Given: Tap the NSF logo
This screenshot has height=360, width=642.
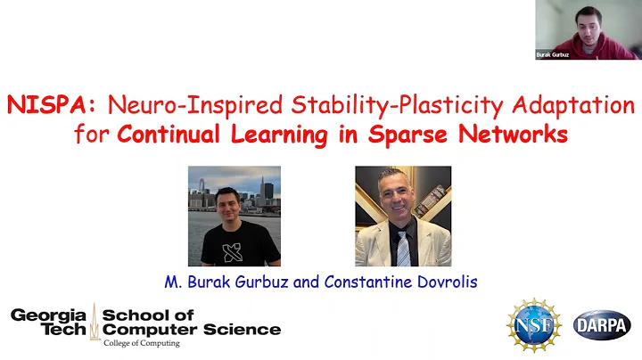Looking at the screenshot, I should click(534, 323).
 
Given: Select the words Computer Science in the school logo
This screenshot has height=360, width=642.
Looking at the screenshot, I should click(191, 330).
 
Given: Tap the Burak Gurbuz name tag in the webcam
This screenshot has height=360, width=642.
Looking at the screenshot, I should click(553, 55).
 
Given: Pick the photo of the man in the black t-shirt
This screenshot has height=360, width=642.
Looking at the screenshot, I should click(234, 216).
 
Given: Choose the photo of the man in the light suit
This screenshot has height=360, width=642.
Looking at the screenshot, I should click(402, 216).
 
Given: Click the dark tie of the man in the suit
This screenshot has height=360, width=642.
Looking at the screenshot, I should click(403, 246).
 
